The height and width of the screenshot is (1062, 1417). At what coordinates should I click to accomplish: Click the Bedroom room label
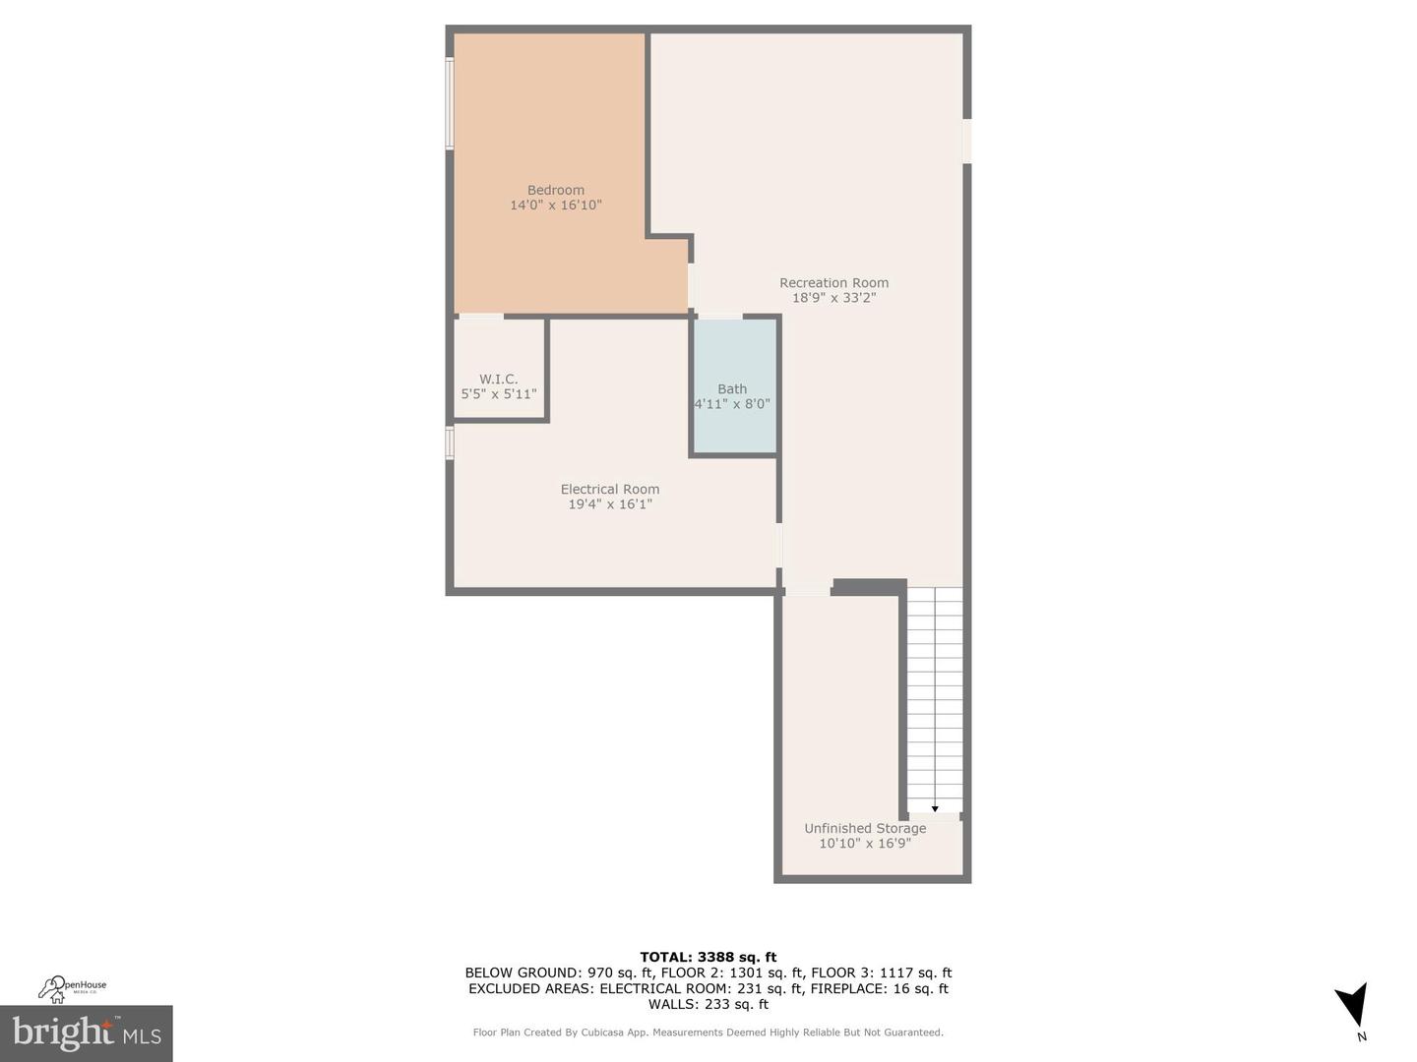(x=555, y=190)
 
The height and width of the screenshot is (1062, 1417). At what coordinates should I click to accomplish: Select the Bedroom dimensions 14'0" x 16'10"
(x=555, y=206)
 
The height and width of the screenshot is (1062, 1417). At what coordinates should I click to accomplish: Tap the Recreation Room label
(x=833, y=282)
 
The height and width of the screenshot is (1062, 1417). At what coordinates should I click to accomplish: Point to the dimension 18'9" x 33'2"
(x=833, y=298)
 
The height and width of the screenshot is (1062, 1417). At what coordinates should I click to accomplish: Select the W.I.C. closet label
(x=498, y=379)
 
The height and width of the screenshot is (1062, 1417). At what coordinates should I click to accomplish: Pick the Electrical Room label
(x=609, y=489)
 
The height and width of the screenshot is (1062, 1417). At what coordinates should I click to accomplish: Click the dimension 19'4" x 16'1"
(x=609, y=504)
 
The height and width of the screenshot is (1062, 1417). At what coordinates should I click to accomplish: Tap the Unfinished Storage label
(x=865, y=828)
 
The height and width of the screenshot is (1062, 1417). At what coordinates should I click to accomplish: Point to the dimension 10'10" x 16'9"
(x=865, y=844)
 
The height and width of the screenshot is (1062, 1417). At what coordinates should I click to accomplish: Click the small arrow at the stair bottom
(x=934, y=808)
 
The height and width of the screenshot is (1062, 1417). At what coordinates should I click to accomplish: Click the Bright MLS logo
(x=87, y=1032)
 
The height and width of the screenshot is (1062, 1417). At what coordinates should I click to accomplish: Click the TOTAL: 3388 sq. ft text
(x=708, y=957)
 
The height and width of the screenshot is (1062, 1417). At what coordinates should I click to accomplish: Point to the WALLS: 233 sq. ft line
(x=708, y=1004)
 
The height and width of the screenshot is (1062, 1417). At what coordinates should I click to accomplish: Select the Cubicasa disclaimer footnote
(x=708, y=1032)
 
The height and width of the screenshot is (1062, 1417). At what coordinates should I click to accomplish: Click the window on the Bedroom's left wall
(x=450, y=103)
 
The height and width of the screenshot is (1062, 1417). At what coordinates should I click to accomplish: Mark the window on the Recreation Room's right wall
(x=966, y=141)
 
